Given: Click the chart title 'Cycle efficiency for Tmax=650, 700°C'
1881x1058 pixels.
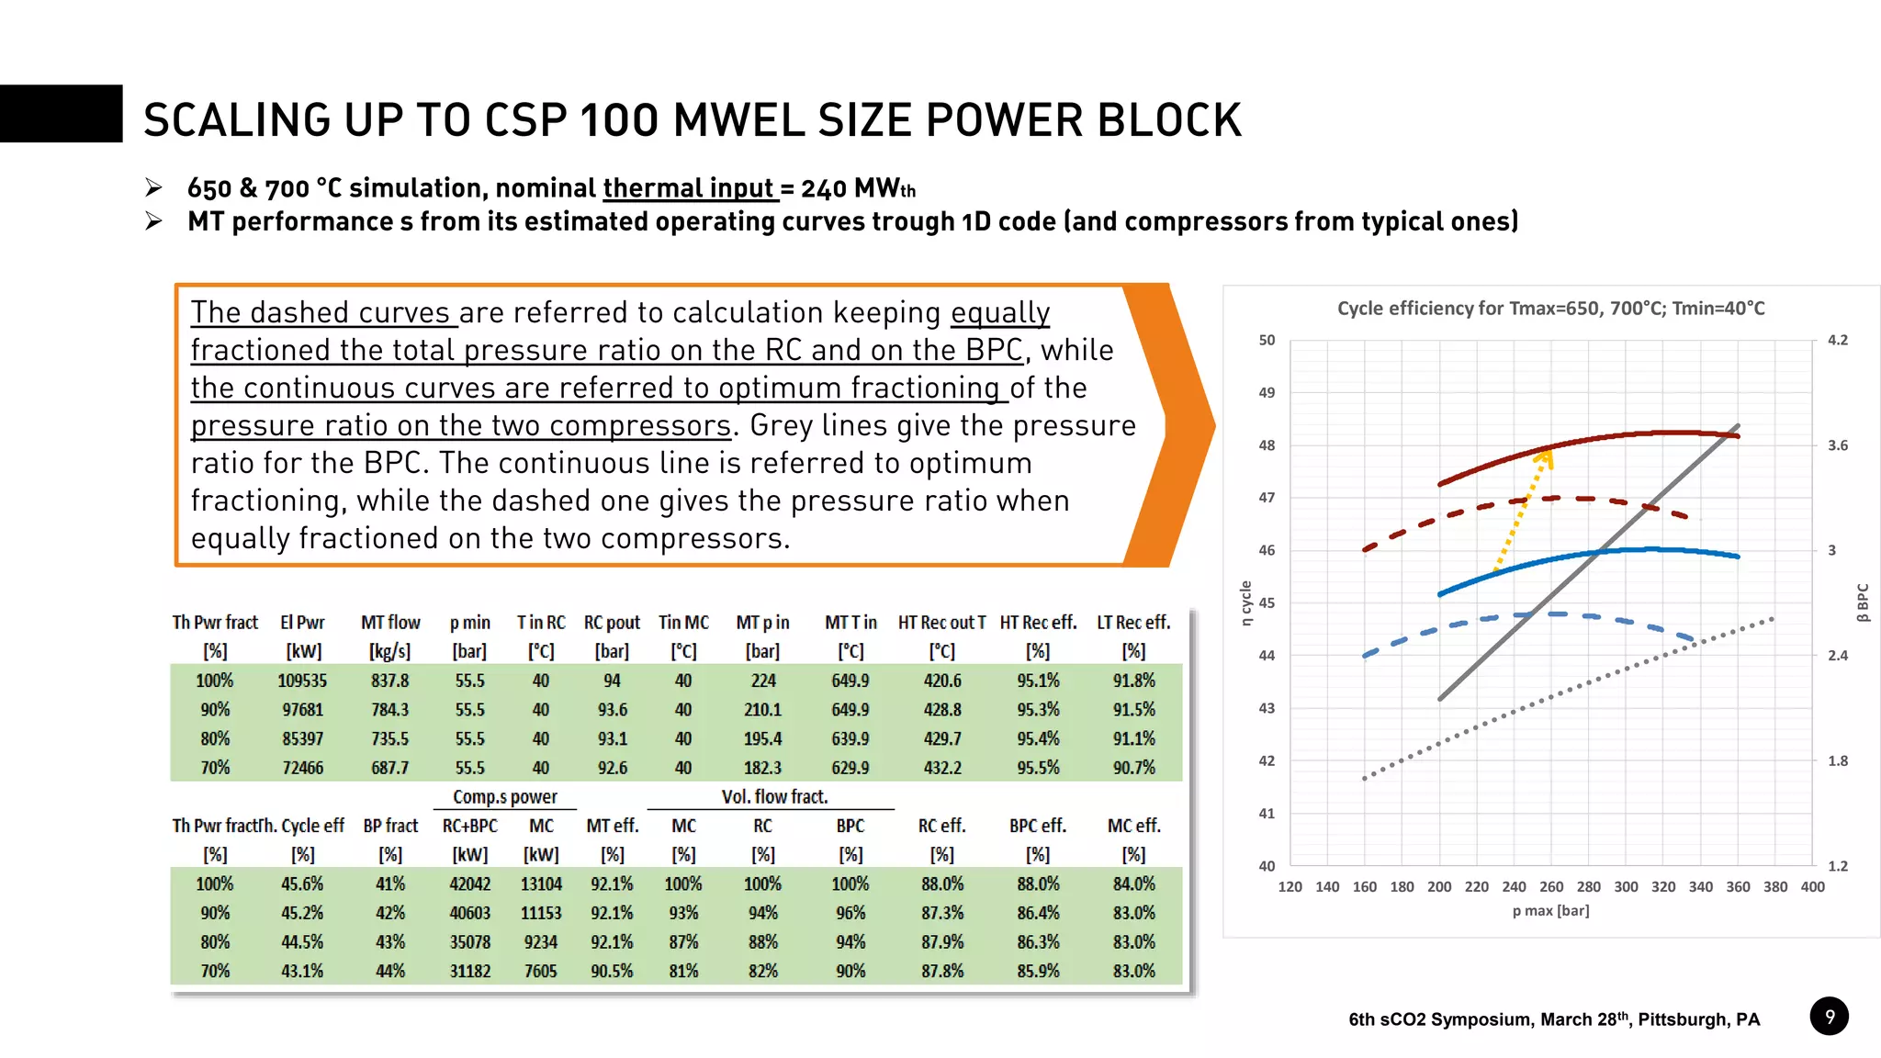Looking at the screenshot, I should click(x=1550, y=309).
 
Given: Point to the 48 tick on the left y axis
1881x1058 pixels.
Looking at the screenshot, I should click(x=1267, y=445).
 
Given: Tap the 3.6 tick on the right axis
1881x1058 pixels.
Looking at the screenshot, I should click(x=1837, y=445).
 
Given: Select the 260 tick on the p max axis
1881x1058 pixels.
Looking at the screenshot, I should click(x=1551, y=887).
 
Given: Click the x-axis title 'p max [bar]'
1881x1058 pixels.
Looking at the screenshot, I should click(x=1550, y=911).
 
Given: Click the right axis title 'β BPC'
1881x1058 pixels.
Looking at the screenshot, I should click(x=1863, y=603).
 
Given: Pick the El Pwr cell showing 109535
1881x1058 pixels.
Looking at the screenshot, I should click(x=302, y=681).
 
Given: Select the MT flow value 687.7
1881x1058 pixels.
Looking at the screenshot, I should click(x=389, y=768).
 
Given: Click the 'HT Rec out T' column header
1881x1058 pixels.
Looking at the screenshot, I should click(x=941, y=623).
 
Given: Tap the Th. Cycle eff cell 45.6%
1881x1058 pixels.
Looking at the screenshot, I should click(x=302, y=884).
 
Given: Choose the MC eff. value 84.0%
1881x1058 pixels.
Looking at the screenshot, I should click(x=1133, y=884).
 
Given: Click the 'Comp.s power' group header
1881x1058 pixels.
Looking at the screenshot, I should click(x=504, y=797).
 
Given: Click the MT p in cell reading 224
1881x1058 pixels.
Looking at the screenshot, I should click(x=762, y=681).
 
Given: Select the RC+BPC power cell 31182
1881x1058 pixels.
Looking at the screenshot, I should click(x=469, y=972).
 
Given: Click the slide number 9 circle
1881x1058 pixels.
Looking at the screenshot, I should click(x=1829, y=1017).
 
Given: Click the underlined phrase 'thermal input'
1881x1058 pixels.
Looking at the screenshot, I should click(x=689, y=188).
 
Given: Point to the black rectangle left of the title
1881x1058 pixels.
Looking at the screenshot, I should click(x=61, y=114).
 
